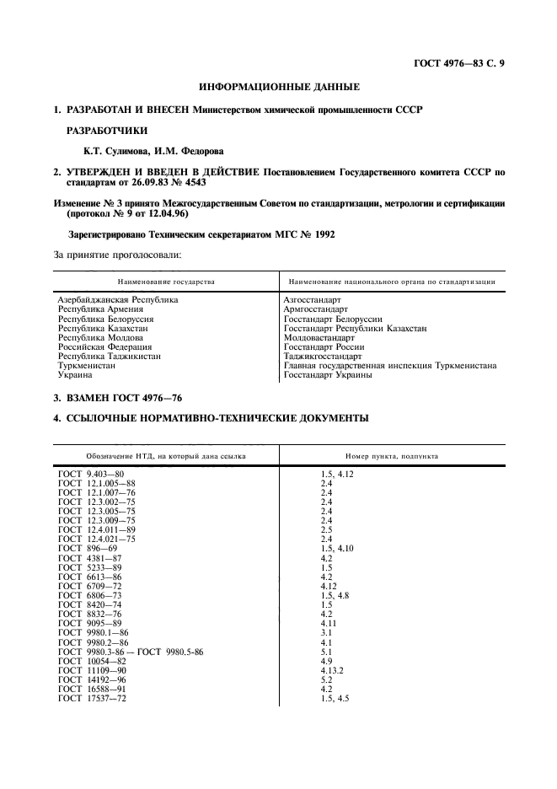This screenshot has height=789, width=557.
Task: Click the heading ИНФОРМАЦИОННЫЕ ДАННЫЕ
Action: (x=278, y=87)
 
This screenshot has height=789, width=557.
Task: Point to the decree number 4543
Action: (x=192, y=182)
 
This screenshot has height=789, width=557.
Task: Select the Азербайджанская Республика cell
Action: (x=118, y=300)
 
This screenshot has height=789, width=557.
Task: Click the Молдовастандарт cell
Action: (x=319, y=338)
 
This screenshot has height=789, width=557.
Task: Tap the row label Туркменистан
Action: (x=87, y=366)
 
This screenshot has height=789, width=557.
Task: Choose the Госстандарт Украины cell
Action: (x=328, y=375)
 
